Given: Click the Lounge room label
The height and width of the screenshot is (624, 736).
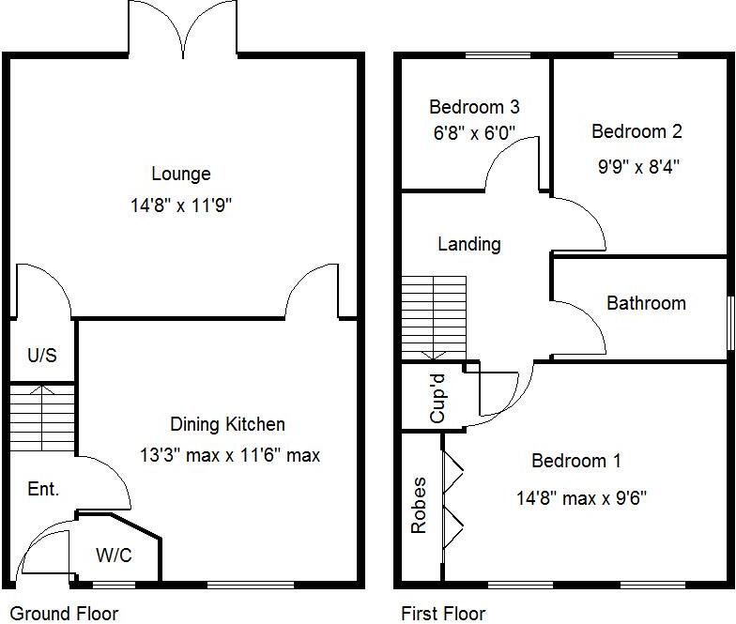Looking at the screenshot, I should (x=180, y=174).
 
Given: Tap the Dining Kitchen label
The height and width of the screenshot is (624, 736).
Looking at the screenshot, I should (x=227, y=424).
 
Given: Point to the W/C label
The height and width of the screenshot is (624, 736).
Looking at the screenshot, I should (x=114, y=556).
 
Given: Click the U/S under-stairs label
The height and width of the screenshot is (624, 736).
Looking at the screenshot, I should (x=41, y=356).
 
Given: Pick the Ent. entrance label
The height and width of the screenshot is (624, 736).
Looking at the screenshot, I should (x=43, y=489).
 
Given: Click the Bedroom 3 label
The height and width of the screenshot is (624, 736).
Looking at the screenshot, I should (x=474, y=107).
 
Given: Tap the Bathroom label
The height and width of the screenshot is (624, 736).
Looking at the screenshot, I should (x=646, y=303).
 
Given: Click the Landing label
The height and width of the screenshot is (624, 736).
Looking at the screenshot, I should (x=468, y=244).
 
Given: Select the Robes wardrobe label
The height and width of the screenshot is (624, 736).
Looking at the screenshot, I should (x=419, y=506).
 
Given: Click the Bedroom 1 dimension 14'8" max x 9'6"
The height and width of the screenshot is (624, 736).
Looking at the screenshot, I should (x=580, y=497).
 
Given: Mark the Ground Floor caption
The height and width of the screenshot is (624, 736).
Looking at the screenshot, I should (x=60, y=614).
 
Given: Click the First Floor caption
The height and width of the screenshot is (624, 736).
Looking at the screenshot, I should (x=443, y=614).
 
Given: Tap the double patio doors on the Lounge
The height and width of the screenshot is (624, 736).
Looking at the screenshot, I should (x=184, y=28).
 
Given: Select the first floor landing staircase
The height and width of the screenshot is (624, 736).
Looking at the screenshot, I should (x=434, y=317).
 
